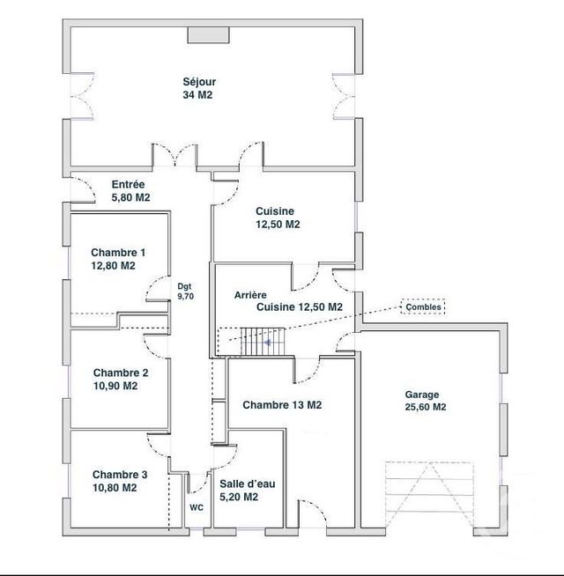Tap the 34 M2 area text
[x=198, y=95]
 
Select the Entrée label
[x=128, y=185]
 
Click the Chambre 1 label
[x=118, y=252]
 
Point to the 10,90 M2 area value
[x=115, y=386]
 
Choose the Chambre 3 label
[x=119, y=474]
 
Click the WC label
[x=196, y=507]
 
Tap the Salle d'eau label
[x=238, y=484]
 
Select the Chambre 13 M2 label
[x=281, y=405]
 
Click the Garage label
[x=422, y=395]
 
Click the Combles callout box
[x=423, y=306]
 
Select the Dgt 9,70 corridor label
[x=184, y=292]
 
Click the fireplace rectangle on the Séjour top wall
[x=209, y=34]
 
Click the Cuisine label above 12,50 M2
[x=275, y=211]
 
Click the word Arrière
[x=251, y=296]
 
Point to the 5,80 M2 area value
[x=131, y=198]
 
